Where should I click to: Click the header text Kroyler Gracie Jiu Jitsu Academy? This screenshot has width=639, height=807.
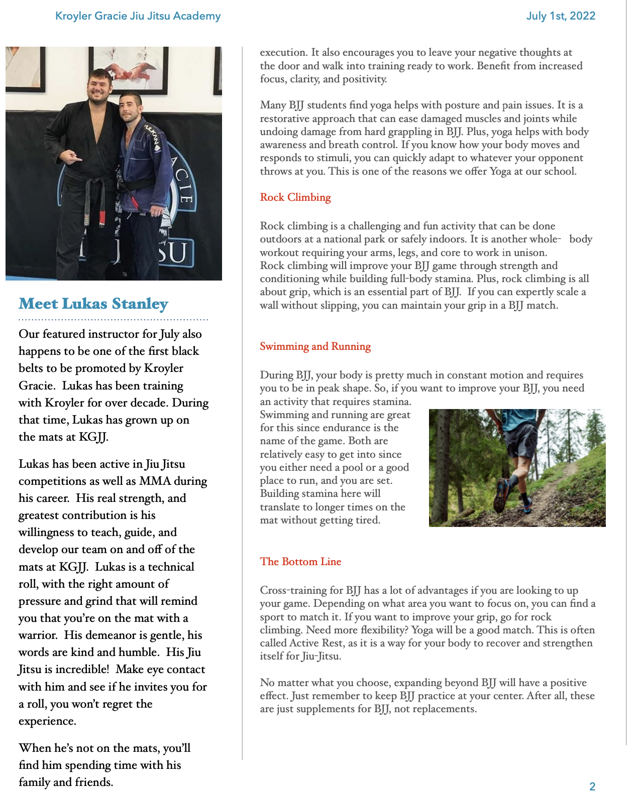point(138,16)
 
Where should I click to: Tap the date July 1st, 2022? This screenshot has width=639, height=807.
point(561,16)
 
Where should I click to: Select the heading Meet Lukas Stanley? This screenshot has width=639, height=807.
point(93,304)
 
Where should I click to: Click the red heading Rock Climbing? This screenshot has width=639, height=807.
point(295,197)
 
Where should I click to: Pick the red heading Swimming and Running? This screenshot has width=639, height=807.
point(315,346)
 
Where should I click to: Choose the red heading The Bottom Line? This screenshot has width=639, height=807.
point(300,562)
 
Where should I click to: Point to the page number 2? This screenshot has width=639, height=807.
point(592,786)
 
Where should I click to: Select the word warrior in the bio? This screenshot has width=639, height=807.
point(39,635)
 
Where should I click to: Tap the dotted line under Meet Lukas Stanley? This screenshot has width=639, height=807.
point(114,319)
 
